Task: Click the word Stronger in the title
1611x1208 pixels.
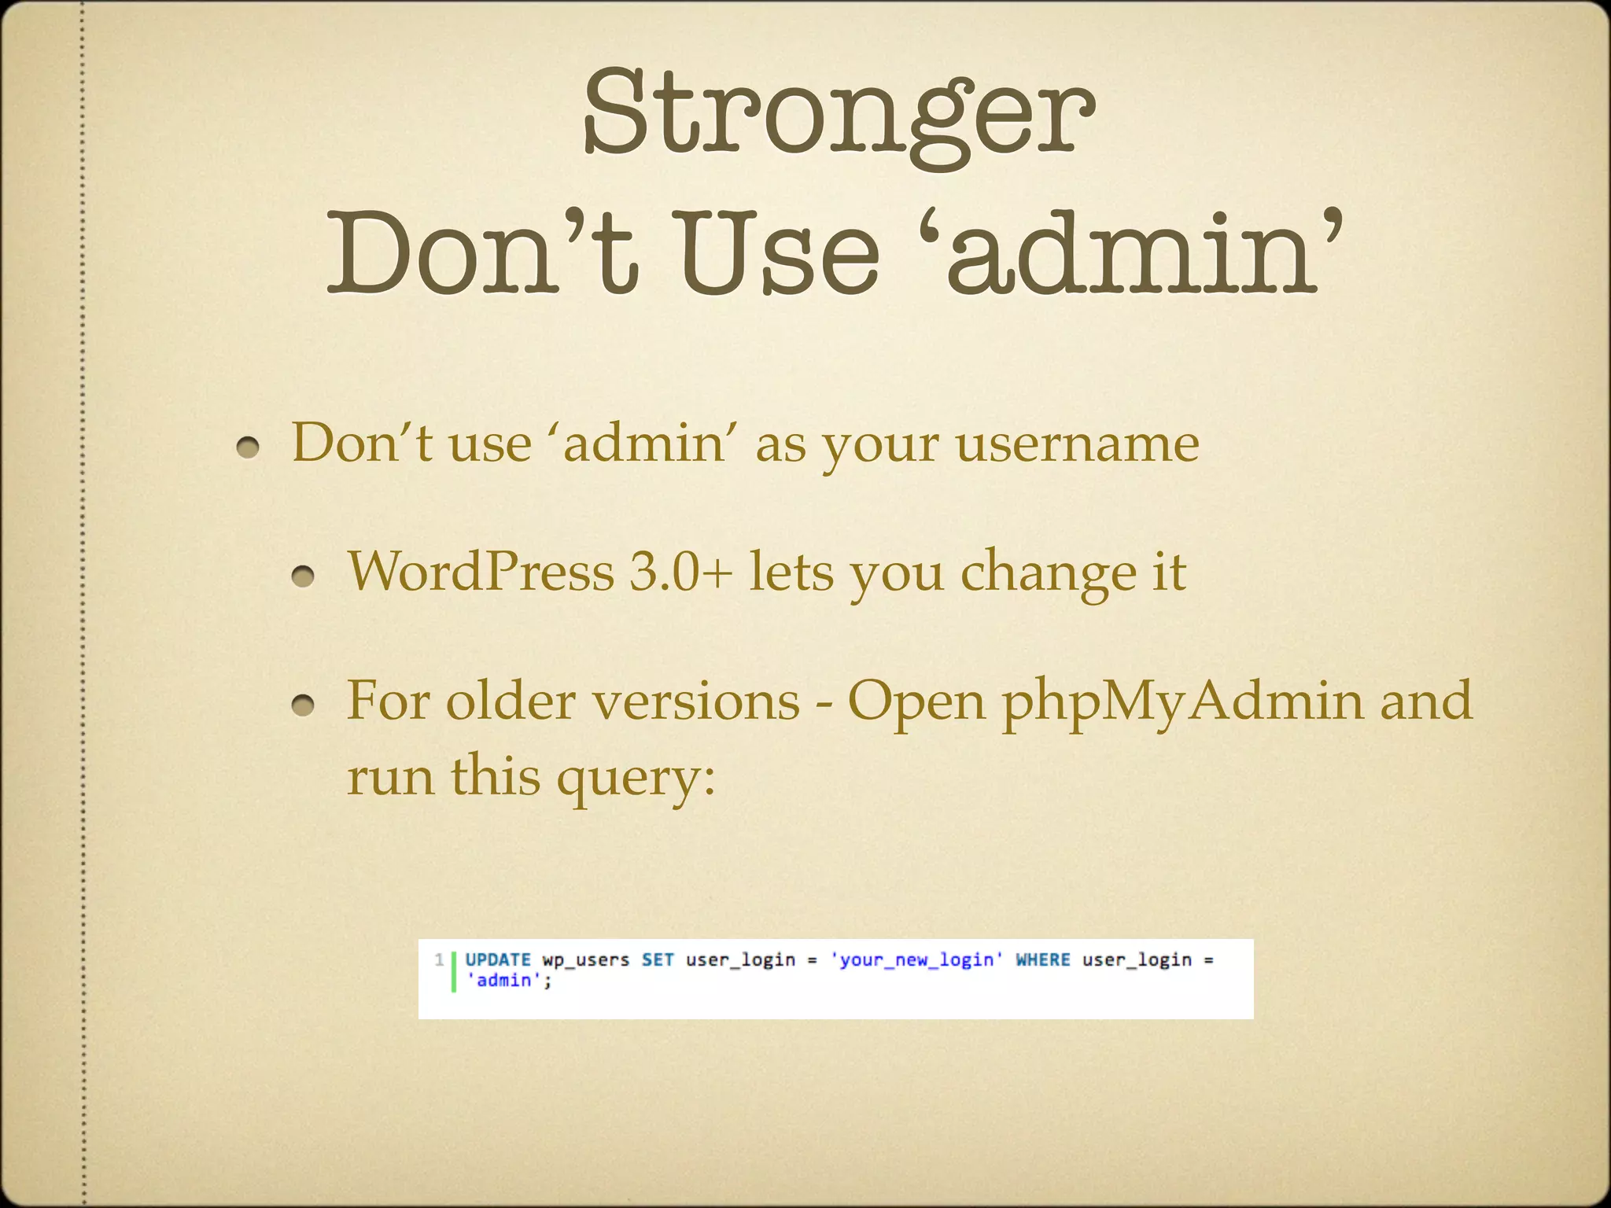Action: (839, 114)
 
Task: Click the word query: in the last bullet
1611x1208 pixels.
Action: (636, 777)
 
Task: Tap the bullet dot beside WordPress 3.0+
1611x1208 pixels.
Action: (303, 578)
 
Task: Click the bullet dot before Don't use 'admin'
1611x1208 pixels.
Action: (248, 448)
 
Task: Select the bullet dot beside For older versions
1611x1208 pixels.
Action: (303, 707)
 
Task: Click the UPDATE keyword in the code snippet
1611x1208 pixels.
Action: (498, 959)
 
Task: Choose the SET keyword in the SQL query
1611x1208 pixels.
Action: (658, 959)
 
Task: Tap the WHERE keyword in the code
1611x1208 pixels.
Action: (1043, 959)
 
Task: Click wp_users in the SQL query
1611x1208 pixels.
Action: (586, 960)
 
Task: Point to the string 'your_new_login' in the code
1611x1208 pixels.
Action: (917, 960)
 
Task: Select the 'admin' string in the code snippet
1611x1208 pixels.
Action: (504, 980)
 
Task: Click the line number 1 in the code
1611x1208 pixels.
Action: (439, 959)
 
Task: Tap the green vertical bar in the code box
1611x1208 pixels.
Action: (454, 970)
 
